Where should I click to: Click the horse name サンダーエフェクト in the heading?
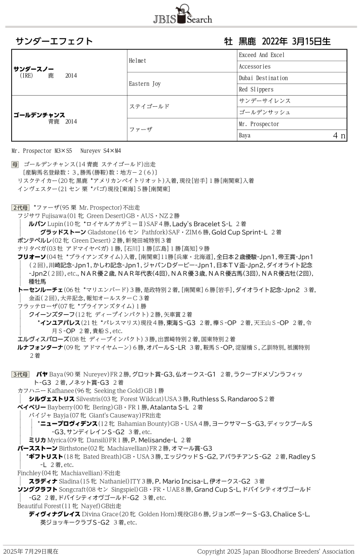point(54,41)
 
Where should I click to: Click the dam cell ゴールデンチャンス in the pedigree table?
point(39,115)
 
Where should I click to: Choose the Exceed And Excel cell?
point(262,55)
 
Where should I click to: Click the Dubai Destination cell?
point(263,78)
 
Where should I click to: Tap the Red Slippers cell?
point(256,90)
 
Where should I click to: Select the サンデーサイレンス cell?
point(265,101)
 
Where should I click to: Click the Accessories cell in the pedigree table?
point(255,66)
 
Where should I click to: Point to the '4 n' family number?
point(339,136)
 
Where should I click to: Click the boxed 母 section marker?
point(15,164)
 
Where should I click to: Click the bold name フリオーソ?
point(31,257)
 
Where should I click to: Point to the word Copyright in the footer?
point(212,551)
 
